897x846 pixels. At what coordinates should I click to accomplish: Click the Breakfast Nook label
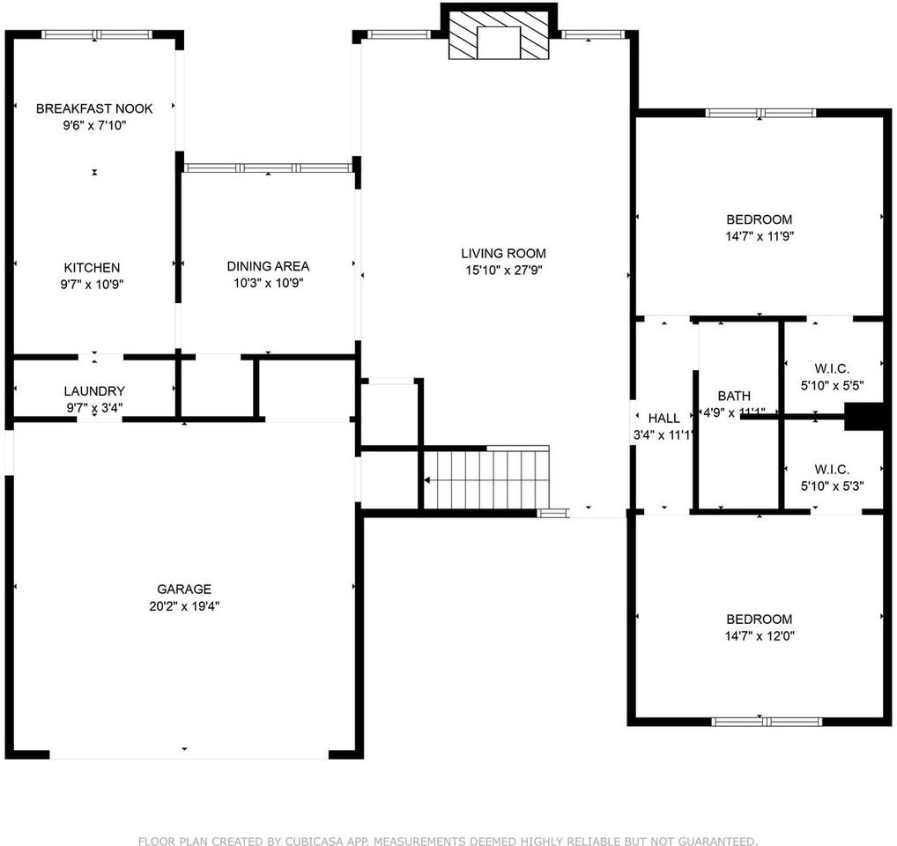click(x=94, y=108)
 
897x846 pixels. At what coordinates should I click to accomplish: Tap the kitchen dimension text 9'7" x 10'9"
click(x=91, y=285)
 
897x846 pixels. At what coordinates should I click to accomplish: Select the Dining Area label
click(x=268, y=266)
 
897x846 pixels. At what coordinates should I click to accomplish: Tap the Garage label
click(x=184, y=589)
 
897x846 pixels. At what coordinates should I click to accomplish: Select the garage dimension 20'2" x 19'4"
click(x=184, y=606)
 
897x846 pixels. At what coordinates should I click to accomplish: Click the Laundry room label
click(x=94, y=390)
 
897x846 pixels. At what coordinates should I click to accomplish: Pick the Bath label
click(x=734, y=396)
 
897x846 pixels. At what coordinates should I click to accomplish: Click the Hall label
click(x=663, y=418)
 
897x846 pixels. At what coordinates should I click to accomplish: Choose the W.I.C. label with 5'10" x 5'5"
click(x=833, y=367)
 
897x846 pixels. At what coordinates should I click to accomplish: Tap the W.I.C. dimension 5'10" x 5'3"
click(x=833, y=486)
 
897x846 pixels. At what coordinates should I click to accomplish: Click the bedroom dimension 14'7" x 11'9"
click(x=759, y=236)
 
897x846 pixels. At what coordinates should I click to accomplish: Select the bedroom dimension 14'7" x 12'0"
click(x=759, y=635)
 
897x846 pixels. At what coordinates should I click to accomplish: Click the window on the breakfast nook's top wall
click(x=97, y=34)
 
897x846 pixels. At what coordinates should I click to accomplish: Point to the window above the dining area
click(x=268, y=167)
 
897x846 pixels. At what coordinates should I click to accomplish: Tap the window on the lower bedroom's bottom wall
click(x=766, y=722)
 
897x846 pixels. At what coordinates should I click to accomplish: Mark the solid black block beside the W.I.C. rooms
click(x=864, y=416)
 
